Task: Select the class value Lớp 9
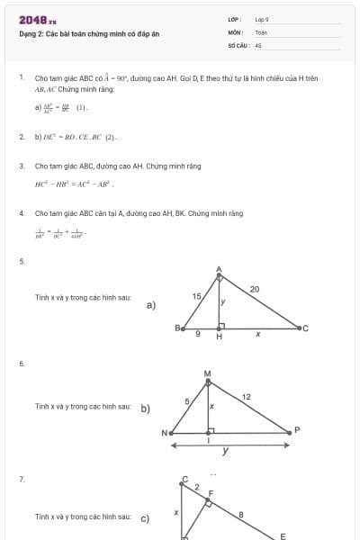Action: click(x=262, y=18)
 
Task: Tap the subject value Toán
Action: click(x=261, y=31)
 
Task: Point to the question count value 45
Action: click(x=258, y=43)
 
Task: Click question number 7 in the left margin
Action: click(x=22, y=480)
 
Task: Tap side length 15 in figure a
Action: click(x=196, y=295)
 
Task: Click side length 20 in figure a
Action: click(x=255, y=288)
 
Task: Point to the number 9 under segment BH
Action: click(x=198, y=335)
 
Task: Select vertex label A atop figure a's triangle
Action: click(x=219, y=269)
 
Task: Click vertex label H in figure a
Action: click(x=219, y=337)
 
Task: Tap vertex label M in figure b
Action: click(x=208, y=373)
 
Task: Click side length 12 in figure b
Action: click(x=247, y=396)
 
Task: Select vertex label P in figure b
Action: click(x=297, y=429)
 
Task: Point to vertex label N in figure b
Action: click(x=165, y=433)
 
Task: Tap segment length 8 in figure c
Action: click(x=240, y=515)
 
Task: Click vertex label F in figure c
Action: click(x=211, y=493)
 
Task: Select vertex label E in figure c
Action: click(x=282, y=535)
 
